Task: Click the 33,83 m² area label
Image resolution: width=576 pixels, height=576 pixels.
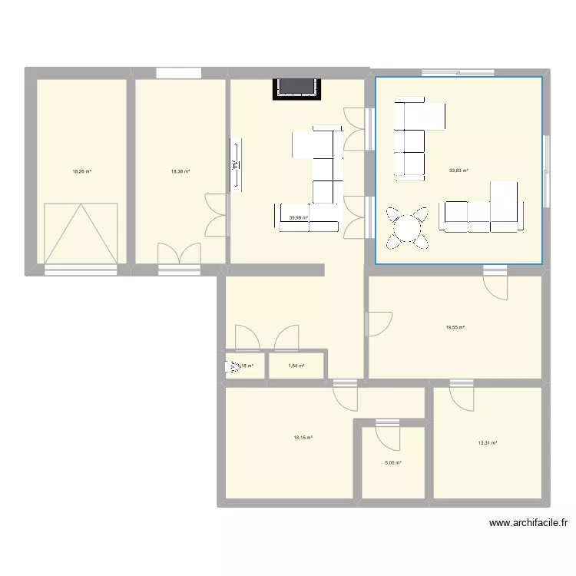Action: point(458,171)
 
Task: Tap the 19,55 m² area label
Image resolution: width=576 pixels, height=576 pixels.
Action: point(455,327)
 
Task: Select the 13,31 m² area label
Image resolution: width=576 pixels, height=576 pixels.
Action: point(488,443)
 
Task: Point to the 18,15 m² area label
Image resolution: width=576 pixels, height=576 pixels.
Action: point(303,438)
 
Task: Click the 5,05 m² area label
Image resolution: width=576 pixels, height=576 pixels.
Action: point(393,462)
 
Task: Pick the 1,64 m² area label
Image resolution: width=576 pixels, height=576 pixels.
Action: point(296,366)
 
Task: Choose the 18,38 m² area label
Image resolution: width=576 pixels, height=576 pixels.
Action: point(180,171)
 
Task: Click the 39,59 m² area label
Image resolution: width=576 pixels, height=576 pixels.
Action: point(298,217)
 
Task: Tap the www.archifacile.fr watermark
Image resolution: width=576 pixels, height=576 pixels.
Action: point(529,523)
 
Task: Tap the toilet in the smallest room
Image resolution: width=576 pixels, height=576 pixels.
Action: point(231,367)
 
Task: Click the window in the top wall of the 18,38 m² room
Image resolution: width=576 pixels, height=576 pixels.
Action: point(179,73)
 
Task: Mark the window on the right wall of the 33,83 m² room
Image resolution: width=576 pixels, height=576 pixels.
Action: point(546,171)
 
